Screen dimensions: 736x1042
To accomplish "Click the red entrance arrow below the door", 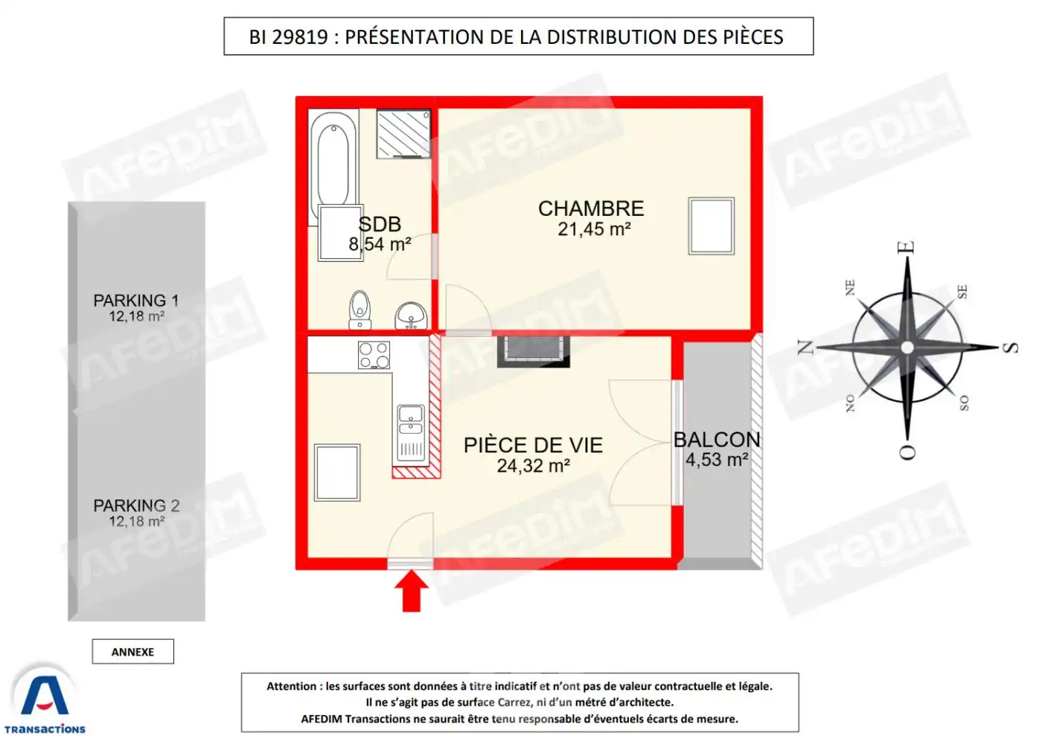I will coord(411,592).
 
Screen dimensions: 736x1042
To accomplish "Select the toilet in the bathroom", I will coord(359,309).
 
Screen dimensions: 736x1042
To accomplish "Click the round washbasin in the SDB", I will coord(410,316).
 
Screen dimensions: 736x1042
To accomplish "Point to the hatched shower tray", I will coord(403,134).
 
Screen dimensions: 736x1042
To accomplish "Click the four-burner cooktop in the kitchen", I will coord(374,355).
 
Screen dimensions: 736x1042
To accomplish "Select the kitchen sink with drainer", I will coord(411,432).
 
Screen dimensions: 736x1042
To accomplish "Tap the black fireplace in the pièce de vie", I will coord(533,351).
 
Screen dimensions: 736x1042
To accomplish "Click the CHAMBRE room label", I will coord(591,208).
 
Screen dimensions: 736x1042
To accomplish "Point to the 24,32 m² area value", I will coord(533,466).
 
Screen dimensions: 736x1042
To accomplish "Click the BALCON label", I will coord(717,440).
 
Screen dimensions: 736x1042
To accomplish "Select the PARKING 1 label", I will coord(135,300).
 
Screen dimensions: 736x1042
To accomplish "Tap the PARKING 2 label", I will coord(136,505).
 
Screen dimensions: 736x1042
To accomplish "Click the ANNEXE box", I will coord(132,652).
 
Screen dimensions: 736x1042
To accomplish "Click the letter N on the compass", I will coord(805,348).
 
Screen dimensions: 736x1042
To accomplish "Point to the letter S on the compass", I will coord(1010,348).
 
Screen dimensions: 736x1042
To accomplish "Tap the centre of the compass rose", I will coord(907,348).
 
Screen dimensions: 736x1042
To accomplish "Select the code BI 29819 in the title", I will coord(288,37).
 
